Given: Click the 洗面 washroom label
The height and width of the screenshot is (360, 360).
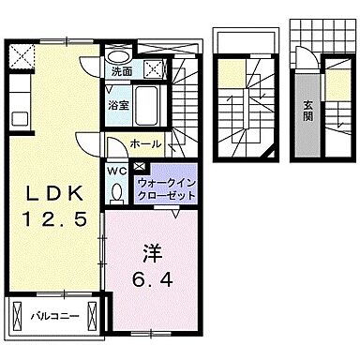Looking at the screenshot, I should pyautogui.click(x=122, y=71).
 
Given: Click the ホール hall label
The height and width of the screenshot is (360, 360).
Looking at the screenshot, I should pyautogui.click(x=145, y=145).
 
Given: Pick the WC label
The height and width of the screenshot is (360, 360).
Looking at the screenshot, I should pyautogui.click(x=117, y=171).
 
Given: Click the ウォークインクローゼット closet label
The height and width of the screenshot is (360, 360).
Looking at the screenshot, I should pyautogui.click(x=165, y=188).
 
